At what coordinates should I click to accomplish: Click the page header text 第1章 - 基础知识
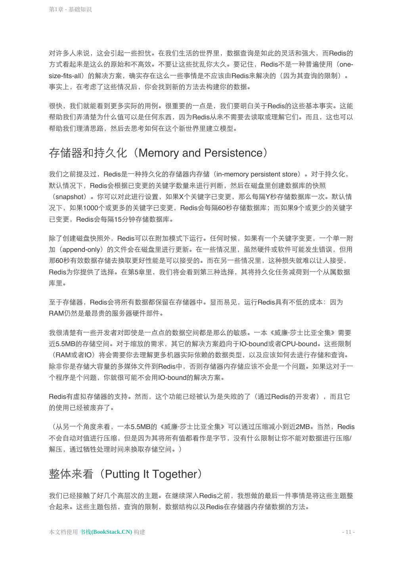coord(70,9)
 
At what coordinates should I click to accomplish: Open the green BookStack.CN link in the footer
coord(106,532)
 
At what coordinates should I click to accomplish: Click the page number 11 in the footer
coord(348,532)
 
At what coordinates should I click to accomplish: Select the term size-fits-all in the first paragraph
coord(68,76)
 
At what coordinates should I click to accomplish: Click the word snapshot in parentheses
coord(70,197)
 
